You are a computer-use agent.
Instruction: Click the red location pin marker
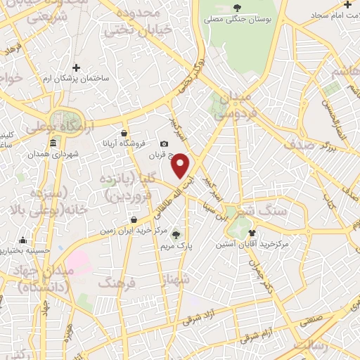pos(181,166)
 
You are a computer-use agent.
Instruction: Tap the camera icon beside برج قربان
pos(165,143)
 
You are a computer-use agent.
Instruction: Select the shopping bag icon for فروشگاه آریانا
pos(124,133)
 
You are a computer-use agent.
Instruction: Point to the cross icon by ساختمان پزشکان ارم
pos(76,67)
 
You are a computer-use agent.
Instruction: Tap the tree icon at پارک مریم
pos(176,236)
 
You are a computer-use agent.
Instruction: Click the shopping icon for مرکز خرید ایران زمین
pos(133,219)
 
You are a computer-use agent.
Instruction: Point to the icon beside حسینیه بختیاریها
pos(24,240)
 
